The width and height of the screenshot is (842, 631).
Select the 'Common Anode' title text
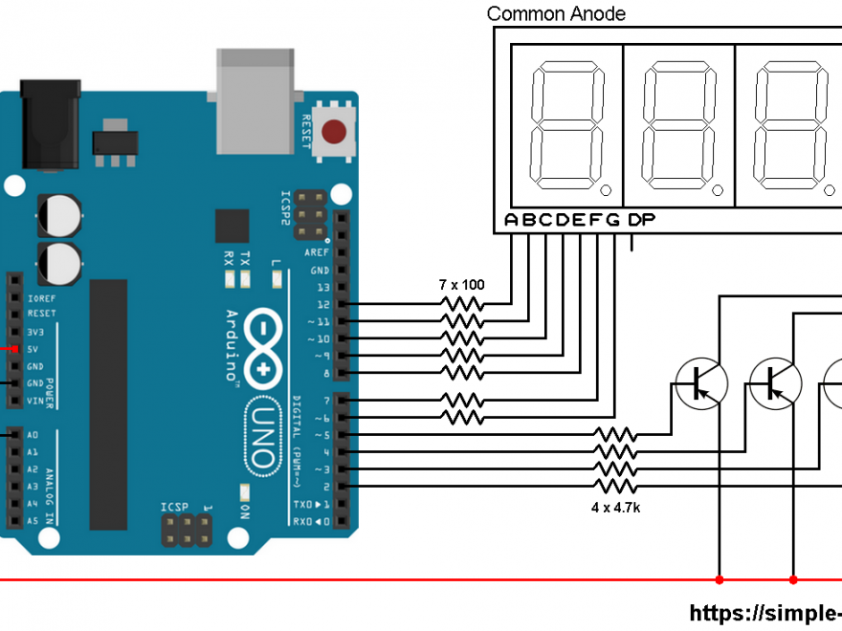[556, 13]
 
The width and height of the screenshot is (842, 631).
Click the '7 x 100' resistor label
[462, 285]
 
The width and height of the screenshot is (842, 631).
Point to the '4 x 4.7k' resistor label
[615, 507]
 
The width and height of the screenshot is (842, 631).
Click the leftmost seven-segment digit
[568, 126]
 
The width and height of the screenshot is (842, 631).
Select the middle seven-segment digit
[679, 126]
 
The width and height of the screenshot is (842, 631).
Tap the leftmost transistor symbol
[701, 381]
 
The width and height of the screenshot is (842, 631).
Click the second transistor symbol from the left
[776, 381]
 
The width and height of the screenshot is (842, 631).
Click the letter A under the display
[512, 221]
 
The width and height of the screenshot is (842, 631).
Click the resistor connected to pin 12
[461, 304]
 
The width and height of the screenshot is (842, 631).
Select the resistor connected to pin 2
[615, 487]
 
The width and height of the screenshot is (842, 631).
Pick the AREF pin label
[317, 252]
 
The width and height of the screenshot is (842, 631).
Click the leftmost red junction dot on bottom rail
[719, 579]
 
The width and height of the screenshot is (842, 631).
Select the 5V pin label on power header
[33, 349]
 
